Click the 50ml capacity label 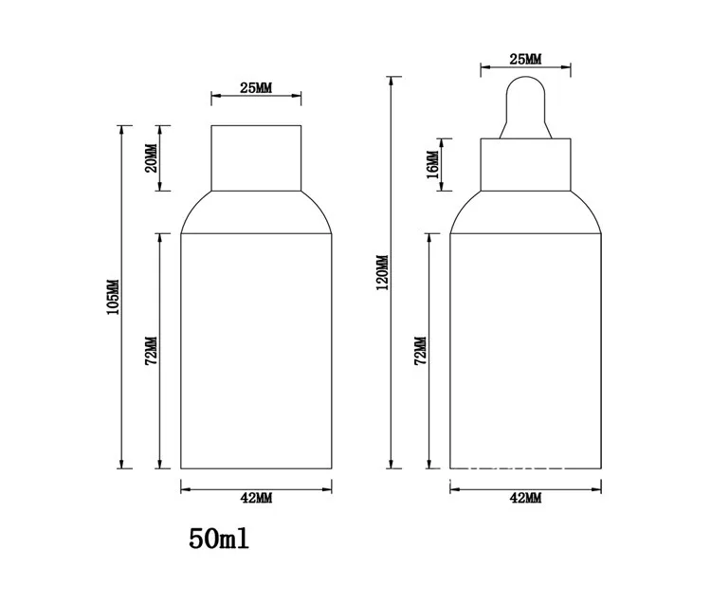[x=219, y=539]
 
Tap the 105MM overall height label [x=113, y=297]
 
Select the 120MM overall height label [x=383, y=272]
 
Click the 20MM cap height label [x=152, y=157]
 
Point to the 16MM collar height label [x=432, y=165]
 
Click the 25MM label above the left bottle [x=256, y=88]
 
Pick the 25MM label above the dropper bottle [x=525, y=60]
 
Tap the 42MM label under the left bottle [x=256, y=498]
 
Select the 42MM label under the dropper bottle [x=525, y=498]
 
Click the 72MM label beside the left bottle [x=152, y=351]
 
